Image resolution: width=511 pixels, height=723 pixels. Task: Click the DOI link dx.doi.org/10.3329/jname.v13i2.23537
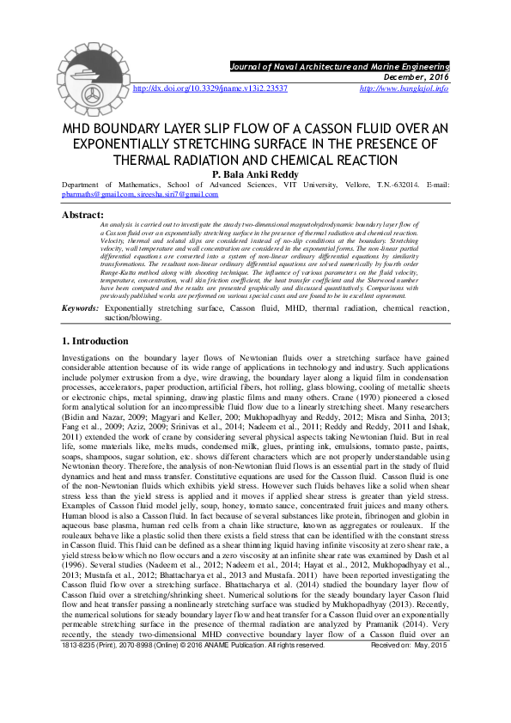[x=210, y=88]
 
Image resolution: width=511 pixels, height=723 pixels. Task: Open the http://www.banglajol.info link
[x=404, y=88]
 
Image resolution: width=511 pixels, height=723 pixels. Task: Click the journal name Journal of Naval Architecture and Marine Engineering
[x=339, y=65]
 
